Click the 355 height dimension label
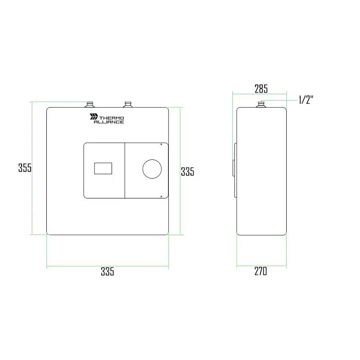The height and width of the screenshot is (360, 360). [25, 167]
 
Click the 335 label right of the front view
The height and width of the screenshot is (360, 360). [188, 171]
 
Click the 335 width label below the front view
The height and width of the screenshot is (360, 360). [108, 271]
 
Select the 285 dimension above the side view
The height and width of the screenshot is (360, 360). [261, 89]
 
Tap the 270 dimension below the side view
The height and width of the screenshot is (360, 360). [261, 271]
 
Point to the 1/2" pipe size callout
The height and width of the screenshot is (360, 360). [306, 100]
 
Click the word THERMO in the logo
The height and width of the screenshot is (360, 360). [112, 118]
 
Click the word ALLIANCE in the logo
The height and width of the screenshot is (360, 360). [109, 122]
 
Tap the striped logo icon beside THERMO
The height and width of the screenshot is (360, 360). [94, 117]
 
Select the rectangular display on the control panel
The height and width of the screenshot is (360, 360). [103, 168]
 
